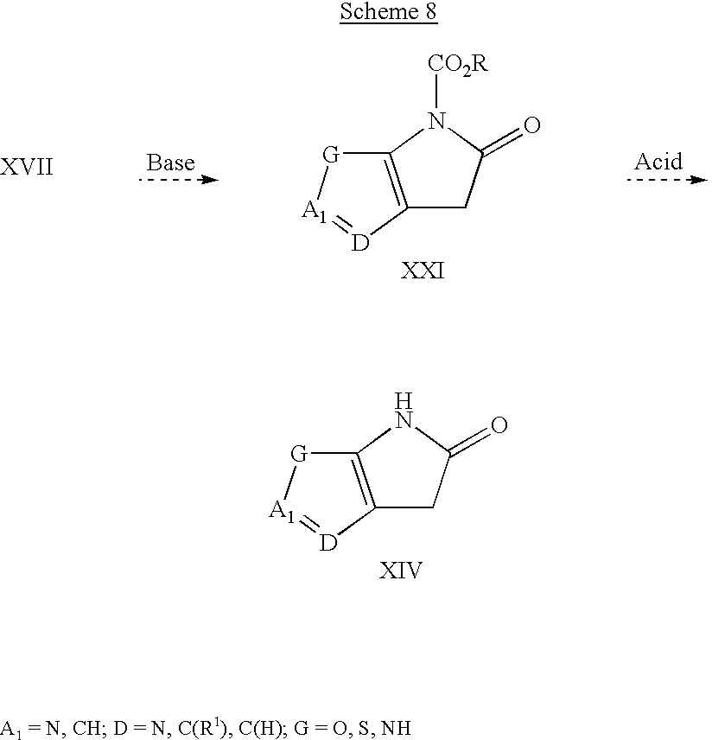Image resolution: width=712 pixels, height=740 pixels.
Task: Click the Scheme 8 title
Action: [388, 12]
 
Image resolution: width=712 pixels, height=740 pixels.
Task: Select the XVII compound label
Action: [27, 167]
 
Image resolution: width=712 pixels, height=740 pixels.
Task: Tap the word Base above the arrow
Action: [171, 163]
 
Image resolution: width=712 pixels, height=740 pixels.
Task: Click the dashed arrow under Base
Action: [179, 179]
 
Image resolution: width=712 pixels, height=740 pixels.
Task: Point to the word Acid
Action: [658, 162]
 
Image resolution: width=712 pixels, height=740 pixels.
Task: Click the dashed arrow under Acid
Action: [667, 179]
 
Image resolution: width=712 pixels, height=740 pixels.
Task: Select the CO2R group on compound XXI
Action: [457, 65]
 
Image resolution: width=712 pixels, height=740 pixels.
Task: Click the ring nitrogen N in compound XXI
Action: [436, 120]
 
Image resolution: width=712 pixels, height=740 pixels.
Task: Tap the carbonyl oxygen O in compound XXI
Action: [531, 125]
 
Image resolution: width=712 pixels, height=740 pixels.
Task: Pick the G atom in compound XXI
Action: [331, 155]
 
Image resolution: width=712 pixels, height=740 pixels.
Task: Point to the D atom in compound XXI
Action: [360, 244]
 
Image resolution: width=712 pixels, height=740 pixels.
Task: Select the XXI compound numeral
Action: [423, 271]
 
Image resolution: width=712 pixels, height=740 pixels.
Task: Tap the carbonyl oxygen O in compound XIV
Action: [499, 425]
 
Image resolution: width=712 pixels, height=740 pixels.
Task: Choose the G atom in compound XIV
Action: [299, 455]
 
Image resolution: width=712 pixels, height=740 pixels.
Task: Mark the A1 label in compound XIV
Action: [282, 512]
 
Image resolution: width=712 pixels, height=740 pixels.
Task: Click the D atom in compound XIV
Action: [328, 544]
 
